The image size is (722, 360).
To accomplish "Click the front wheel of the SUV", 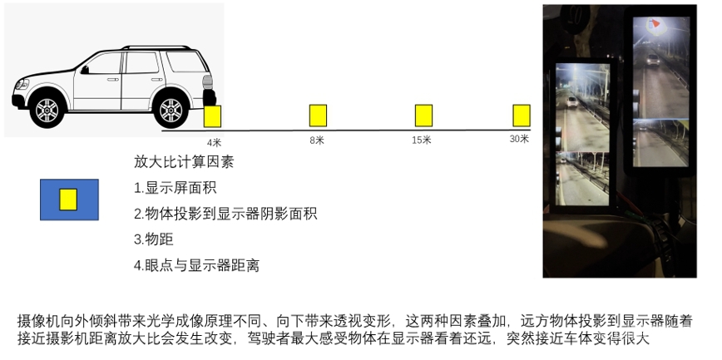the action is [x=47, y=110].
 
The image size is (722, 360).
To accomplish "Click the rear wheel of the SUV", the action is [x=171, y=110].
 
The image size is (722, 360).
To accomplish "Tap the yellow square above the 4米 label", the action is [x=212, y=116].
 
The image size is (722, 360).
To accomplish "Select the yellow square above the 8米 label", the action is [x=318, y=116].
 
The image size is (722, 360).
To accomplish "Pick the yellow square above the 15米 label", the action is [x=423, y=116].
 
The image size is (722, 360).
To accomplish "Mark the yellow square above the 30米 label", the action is [x=522, y=116].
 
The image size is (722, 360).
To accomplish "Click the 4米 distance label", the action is [x=214, y=143].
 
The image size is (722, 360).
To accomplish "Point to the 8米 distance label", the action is [x=317, y=141].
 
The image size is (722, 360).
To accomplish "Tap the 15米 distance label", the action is [x=422, y=140].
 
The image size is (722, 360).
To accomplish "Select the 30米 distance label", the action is [x=519, y=139].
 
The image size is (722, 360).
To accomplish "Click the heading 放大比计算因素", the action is [x=184, y=162].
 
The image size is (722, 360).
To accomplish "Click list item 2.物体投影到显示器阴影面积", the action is [x=225, y=214].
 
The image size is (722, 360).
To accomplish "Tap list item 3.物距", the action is [x=154, y=239].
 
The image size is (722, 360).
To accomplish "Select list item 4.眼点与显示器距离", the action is [x=196, y=265].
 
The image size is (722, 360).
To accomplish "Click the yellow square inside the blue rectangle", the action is [x=68, y=200].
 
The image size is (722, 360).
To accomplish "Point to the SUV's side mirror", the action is [x=85, y=70].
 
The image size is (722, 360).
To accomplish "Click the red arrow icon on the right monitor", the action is [x=655, y=22].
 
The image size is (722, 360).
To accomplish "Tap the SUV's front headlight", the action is [x=22, y=85].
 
